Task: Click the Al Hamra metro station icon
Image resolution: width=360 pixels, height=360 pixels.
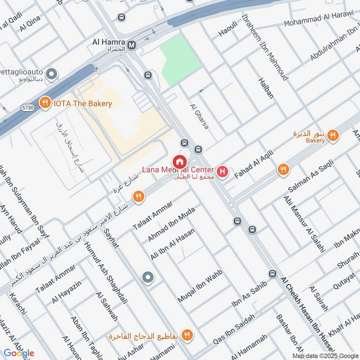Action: (x=132, y=45)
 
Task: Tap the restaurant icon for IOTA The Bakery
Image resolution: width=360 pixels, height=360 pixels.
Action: (x=44, y=103)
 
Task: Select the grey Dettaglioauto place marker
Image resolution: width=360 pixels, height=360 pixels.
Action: (x=53, y=73)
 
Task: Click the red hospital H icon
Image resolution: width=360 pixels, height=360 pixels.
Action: (x=222, y=171)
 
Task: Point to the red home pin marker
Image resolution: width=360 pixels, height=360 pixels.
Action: (x=179, y=162)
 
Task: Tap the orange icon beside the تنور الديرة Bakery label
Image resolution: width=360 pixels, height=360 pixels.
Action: (x=333, y=135)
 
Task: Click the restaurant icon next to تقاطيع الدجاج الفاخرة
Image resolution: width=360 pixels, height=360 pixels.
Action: (x=188, y=335)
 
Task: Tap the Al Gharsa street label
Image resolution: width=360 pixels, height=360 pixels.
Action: (x=199, y=117)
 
